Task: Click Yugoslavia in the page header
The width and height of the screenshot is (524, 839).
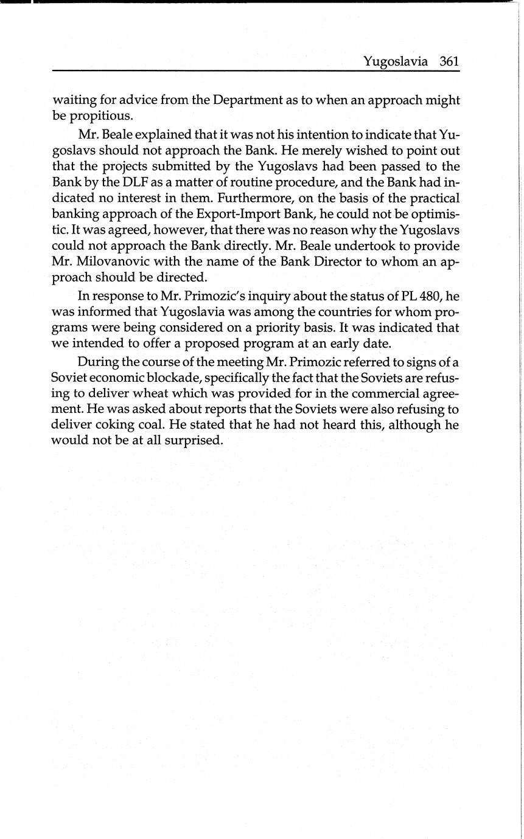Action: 396,62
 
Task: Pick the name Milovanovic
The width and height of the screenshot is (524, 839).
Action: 119,263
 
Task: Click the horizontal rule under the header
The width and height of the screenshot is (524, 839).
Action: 256,71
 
